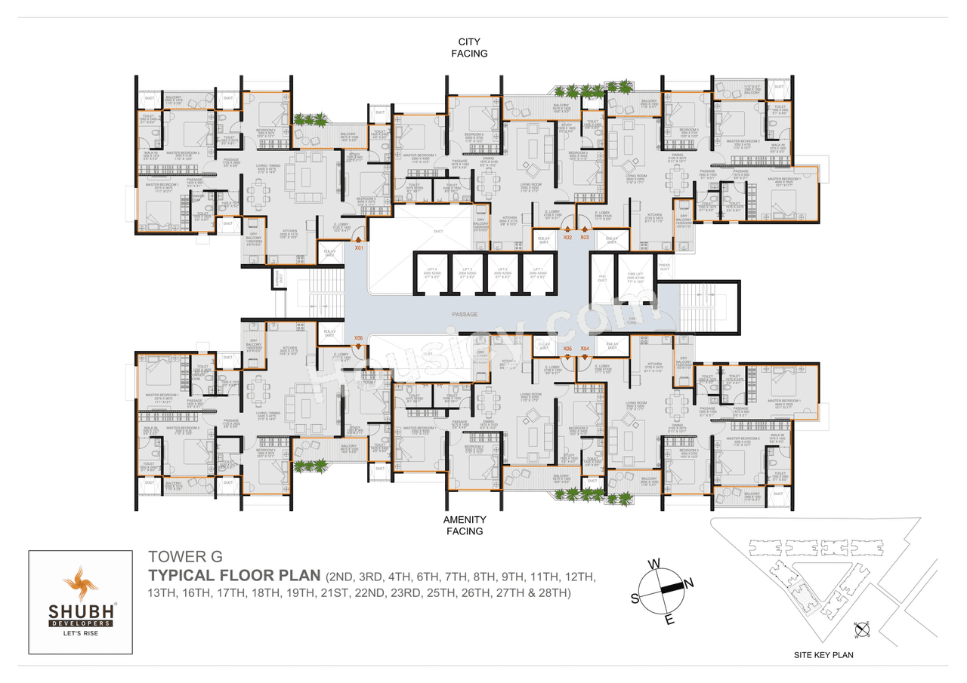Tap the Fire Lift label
tap(635, 276)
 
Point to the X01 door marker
tap(359, 247)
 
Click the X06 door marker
tap(359, 338)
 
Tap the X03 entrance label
tap(584, 238)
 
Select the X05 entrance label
tap(567, 348)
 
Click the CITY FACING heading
tap(470, 48)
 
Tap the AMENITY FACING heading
tap(464, 525)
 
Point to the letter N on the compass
tap(687, 582)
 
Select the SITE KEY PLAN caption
tap(823, 655)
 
